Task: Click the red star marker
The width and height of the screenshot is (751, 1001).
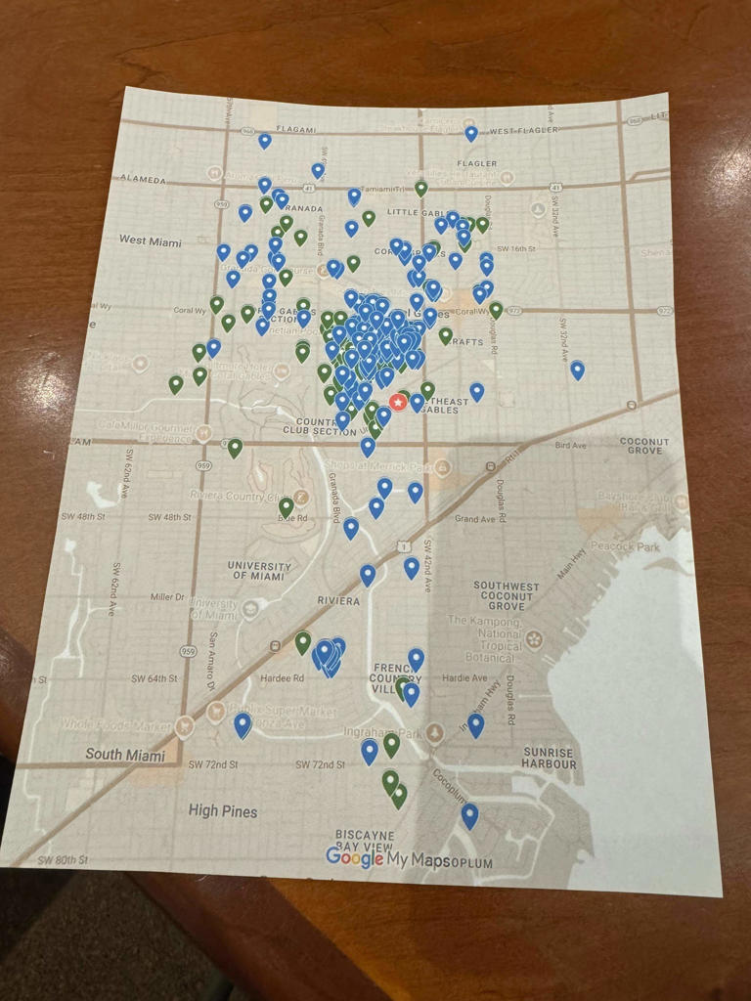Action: pyautogui.click(x=399, y=402)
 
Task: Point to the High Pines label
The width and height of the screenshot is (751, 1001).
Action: pyautogui.click(x=223, y=811)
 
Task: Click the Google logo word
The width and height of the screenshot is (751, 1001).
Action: pyautogui.click(x=354, y=857)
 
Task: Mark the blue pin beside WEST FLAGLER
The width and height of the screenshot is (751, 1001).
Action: pyautogui.click(x=471, y=133)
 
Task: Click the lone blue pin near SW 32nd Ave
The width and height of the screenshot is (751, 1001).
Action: pyautogui.click(x=577, y=370)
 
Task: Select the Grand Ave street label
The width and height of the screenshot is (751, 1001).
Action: pyautogui.click(x=475, y=519)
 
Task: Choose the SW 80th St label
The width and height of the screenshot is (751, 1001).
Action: pyautogui.click(x=63, y=861)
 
